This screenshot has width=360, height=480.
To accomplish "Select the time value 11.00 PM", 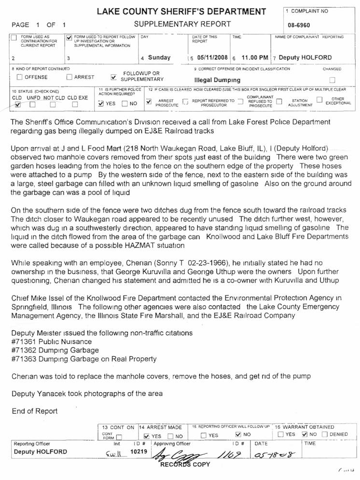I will pyautogui.click(x=255, y=57).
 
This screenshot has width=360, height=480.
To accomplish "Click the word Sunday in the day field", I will pyautogui.click(x=159, y=57).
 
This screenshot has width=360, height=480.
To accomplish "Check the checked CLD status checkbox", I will pyautogui.click(x=17, y=104).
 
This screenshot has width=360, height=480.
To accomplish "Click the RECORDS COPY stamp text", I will pyautogui.click(x=185, y=465).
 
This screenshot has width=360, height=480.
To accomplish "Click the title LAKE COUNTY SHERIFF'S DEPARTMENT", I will pyautogui.click(x=181, y=12).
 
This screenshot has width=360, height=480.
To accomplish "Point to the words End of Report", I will pyautogui.click(x=34, y=411).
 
